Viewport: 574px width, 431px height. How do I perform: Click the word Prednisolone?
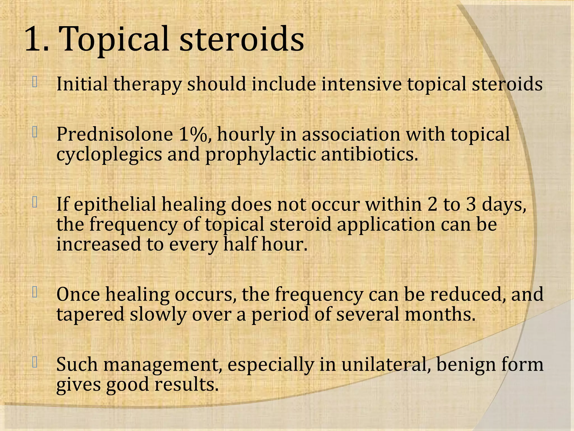pyautogui.click(x=115, y=134)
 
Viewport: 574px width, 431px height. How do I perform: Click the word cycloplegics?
pyautogui.click(x=109, y=155)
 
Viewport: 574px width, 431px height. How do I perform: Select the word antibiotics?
pyautogui.click(x=369, y=154)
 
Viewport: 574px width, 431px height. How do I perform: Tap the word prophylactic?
pyautogui.click(x=260, y=155)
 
